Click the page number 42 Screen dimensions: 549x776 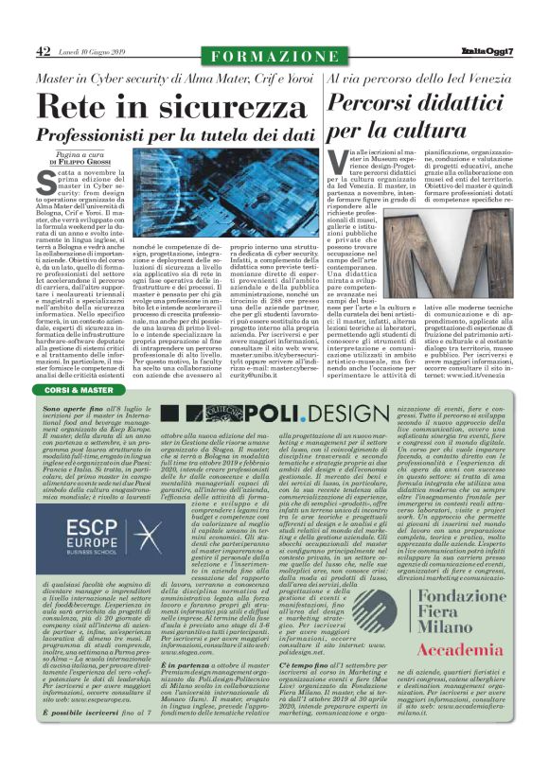43,51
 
